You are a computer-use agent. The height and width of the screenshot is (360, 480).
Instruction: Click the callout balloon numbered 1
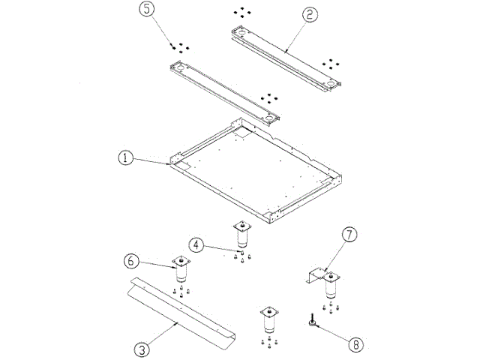[126, 158]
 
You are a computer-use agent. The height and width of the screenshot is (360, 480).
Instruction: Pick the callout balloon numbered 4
[195, 244]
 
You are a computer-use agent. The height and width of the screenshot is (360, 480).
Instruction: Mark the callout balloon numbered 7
[349, 233]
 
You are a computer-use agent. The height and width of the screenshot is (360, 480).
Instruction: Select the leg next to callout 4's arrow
[241, 238]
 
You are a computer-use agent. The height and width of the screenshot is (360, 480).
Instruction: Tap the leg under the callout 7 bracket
[330, 289]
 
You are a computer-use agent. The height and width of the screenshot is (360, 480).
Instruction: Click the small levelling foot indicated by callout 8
[310, 323]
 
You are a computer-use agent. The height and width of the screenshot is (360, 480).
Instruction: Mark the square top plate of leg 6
[180, 262]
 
